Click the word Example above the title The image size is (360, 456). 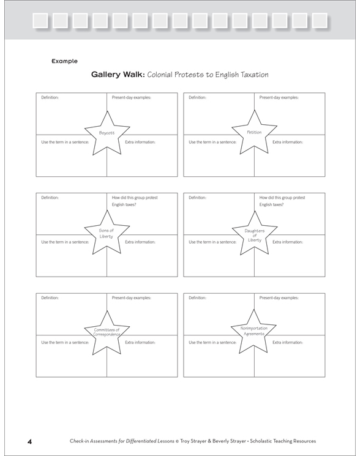tap(65, 61)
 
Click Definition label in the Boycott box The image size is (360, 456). tap(50, 97)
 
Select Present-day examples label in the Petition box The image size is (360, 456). tap(279, 97)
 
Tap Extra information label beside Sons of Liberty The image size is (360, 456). tap(140, 242)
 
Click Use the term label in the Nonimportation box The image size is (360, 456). tap(212, 342)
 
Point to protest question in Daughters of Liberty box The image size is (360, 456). tap(282, 201)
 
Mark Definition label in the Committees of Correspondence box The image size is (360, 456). tap(50, 297)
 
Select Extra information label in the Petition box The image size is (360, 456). tap(288, 142)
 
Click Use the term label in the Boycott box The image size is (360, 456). tap(65, 142)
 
